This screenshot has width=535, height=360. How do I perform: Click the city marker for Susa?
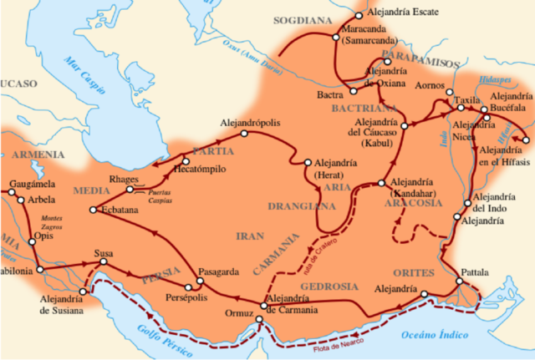click(x=104, y=262)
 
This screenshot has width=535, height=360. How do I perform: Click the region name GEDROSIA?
click(x=329, y=286)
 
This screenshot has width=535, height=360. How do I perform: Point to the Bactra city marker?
click(x=354, y=90)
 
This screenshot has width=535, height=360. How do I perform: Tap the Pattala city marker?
click(x=460, y=285)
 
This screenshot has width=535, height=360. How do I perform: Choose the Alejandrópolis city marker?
click(x=243, y=134)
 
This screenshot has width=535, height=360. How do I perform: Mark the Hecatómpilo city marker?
click(x=185, y=160)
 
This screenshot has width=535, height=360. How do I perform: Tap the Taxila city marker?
click(x=459, y=109)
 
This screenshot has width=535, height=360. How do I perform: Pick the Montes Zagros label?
click(x=53, y=222)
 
